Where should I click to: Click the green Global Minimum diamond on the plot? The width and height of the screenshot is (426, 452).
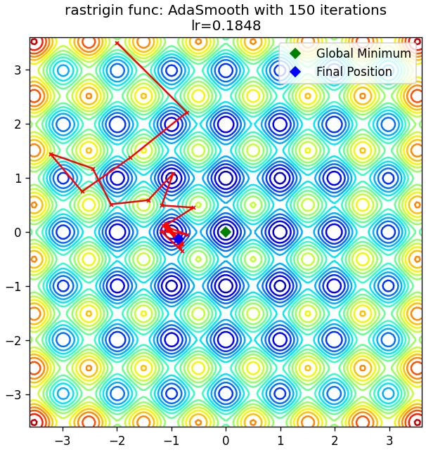point(226,232)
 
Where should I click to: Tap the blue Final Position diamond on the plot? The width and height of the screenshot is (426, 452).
point(179,239)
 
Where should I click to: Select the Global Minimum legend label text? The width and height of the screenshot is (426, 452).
point(363,53)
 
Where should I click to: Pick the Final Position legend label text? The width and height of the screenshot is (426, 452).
point(354,72)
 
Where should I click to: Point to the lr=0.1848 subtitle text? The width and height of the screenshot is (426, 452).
point(226,25)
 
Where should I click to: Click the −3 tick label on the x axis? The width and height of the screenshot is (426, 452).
point(63,441)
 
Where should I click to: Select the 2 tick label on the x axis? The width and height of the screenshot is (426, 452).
point(334,441)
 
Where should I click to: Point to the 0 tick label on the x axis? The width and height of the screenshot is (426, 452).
point(226,441)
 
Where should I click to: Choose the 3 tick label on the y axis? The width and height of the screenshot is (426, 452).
point(18,70)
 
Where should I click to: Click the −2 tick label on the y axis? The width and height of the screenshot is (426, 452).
point(14,340)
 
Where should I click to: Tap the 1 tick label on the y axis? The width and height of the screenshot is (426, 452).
point(18,178)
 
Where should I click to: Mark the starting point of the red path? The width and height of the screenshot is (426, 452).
point(117,44)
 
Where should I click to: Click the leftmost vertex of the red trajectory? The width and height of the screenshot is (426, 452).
point(51,154)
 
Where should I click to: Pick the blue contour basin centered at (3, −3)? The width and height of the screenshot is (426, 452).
point(388,394)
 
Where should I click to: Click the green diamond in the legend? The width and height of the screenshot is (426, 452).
point(295,53)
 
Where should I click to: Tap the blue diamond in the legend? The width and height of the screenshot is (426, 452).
point(295,72)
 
